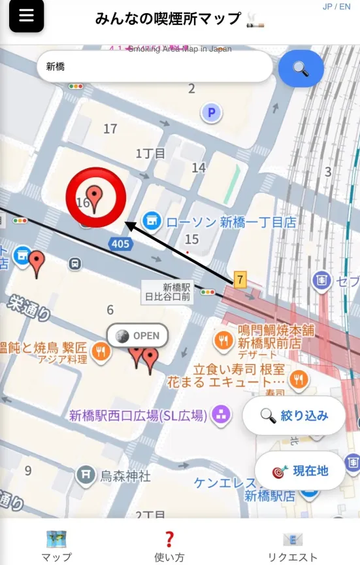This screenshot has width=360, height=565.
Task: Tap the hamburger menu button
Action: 26,16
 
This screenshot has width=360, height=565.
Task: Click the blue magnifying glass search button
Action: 301,68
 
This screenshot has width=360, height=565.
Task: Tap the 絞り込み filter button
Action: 294,415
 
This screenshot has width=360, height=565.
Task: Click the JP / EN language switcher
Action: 336,7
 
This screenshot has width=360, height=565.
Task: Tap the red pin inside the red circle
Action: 95,197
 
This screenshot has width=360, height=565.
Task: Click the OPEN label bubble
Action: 138,336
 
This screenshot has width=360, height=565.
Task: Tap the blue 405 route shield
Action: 120,244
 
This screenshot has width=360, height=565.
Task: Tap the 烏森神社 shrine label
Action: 125,475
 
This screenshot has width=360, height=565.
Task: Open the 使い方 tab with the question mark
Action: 169,547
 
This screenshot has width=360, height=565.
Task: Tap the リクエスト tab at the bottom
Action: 293,547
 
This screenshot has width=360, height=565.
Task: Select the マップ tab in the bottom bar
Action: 56,547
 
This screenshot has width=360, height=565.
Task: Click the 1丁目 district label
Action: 150,154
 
